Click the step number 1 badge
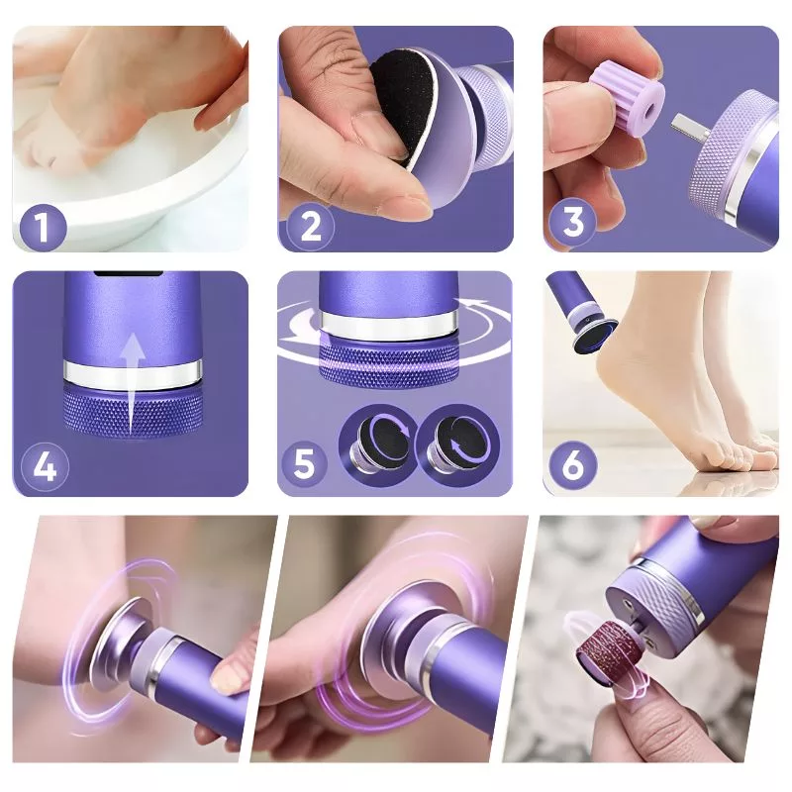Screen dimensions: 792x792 pos(43,227)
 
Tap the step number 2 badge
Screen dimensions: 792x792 pos(310,227)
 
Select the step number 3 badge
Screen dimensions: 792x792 pos(573,223)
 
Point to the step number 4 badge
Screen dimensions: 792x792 pos(45,467)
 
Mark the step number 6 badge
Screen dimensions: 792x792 pos(572,464)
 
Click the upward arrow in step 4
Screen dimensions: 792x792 pos(133,383)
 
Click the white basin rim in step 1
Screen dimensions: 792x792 pos(151,202)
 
